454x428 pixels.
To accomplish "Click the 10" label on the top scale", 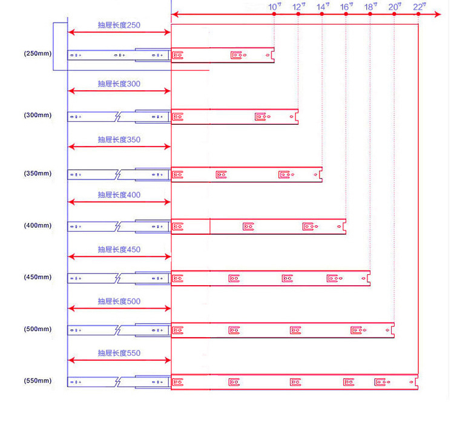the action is [274, 7].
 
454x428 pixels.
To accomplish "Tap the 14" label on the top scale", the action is [323, 7].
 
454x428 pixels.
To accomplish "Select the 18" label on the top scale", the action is [370, 7].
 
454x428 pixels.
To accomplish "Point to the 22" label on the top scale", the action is [419, 7].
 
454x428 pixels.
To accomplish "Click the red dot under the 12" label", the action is [298, 14].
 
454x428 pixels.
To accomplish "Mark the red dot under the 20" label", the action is [394, 14].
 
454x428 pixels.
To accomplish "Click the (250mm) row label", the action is [38, 53].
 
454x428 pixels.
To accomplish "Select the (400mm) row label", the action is [38, 225].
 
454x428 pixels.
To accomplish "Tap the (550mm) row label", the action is [38, 381].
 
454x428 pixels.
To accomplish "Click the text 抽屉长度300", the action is [119, 84].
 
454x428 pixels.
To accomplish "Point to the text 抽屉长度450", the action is [119, 249].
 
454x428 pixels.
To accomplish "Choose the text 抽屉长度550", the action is [119, 353].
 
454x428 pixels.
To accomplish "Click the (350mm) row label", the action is [38, 173].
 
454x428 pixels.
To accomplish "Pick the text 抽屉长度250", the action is [119, 25].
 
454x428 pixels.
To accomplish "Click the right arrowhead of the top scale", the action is [438, 14].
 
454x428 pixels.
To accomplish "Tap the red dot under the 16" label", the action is [346, 14].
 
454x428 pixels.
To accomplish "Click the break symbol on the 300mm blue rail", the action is [118, 117].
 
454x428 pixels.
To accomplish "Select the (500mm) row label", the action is [38, 329].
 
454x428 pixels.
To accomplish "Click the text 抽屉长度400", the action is [119, 195].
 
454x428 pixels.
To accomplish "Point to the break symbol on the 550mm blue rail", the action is [118, 382].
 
